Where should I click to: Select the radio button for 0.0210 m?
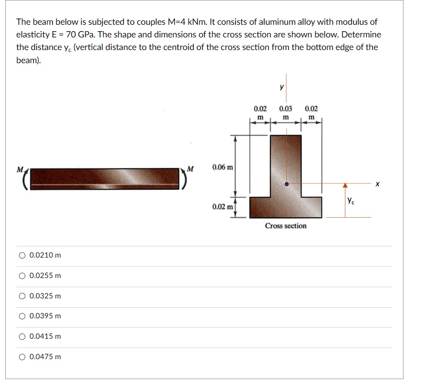(x=22, y=255)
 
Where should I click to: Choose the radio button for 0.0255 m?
(x=22, y=276)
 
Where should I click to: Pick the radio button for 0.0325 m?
(x=22, y=296)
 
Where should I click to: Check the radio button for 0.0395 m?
(x=22, y=316)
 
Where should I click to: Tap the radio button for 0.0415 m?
(x=22, y=336)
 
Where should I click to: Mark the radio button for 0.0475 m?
(x=22, y=357)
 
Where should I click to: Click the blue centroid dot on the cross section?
(x=286, y=185)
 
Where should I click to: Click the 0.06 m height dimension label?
(x=223, y=168)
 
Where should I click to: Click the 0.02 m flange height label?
(x=222, y=207)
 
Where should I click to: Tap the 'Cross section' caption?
(x=286, y=226)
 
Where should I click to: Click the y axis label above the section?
(x=281, y=87)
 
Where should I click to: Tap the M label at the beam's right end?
(x=190, y=169)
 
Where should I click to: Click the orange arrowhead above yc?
(x=345, y=186)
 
